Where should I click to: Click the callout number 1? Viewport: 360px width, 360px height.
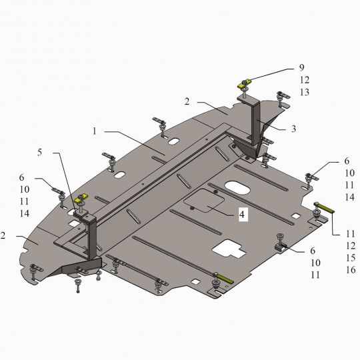point(95,131)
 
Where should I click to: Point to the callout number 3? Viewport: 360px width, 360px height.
point(293,129)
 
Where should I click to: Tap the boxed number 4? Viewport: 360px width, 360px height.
point(242,215)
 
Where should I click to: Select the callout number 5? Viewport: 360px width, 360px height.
point(40,152)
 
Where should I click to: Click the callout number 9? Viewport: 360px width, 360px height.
point(302,67)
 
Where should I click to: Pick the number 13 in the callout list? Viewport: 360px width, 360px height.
point(305,92)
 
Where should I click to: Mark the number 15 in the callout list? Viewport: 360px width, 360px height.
point(351,257)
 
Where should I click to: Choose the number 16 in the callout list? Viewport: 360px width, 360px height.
point(351,269)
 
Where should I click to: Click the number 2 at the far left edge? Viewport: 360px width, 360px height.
point(3,235)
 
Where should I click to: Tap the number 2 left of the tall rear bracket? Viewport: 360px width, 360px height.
point(187,101)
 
